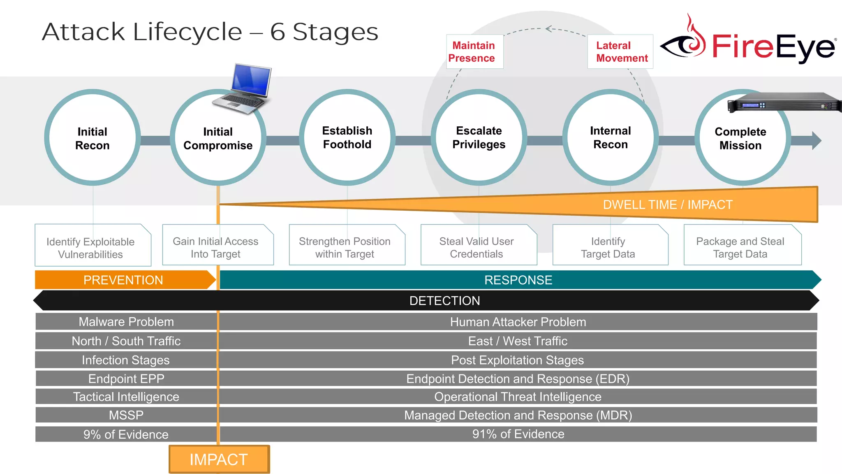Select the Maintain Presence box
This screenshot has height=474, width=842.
pyautogui.click(x=474, y=52)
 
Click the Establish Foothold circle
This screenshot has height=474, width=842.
pyautogui.click(x=347, y=137)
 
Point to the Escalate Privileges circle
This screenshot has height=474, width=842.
pyautogui.click(x=479, y=137)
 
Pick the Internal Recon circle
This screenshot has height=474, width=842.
pyautogui.click(x=610, y=137)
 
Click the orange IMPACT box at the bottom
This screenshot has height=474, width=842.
pyautogui.click(x=219, y=459)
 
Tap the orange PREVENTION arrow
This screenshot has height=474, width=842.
pyautogui.click(x=123, y=280)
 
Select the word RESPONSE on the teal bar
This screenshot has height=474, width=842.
pyautogui.click(x=518, y=280)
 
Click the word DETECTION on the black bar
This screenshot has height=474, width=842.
pyautogui.click(x=444, y=301)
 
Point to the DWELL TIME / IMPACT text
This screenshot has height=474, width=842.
pyautogui.click(x=668, y=204)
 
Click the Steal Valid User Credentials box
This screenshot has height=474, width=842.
pyautogui.click(x=477, y=247)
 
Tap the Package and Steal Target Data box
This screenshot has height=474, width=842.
pyautogui.click(x=740, y=247)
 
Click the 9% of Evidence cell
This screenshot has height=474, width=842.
pyautogui.click(x=126, y=434)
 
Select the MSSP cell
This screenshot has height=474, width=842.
pyautogui.click(x=126, y=415)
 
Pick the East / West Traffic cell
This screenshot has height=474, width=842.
pyautogui.click(x=517, y=341)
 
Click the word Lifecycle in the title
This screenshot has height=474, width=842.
pyautogui.click(x=187, y=32)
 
